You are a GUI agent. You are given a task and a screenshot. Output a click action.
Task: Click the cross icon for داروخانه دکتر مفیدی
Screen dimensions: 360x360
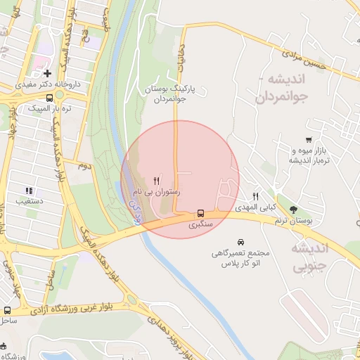(x=47, y=73)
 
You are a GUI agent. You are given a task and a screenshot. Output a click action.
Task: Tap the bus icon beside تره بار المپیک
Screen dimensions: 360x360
(x=49, y=98)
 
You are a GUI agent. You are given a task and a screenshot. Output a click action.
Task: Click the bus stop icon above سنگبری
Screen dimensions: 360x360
(x=201, y=213)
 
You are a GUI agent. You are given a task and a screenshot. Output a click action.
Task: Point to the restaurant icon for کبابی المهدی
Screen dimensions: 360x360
(x=256, y=197)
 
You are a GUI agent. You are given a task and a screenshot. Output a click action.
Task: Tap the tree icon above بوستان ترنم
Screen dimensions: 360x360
(x=293, y=210)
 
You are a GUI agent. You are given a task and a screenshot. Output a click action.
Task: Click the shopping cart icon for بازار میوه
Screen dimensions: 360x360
(x=309, y=140)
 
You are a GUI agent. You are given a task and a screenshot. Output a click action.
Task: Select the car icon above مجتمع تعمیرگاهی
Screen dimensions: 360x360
(x=241, y=240)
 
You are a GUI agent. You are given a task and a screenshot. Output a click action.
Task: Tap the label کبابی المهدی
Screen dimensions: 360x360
(x=258, y=208)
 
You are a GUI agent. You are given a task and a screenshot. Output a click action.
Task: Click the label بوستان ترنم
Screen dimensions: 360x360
(x=294, y=221)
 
